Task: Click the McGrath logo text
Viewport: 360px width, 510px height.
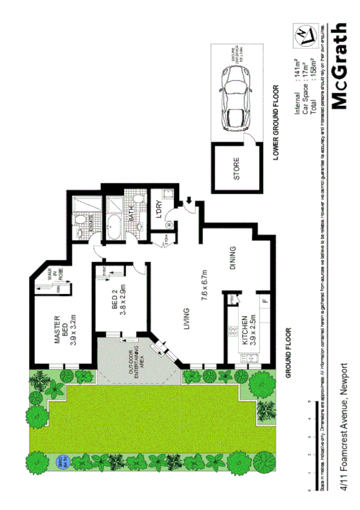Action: [x=339, y=67]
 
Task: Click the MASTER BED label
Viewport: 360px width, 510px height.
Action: [x=59, y=328]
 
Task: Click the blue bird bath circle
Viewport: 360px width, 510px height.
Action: [x=59, y=462]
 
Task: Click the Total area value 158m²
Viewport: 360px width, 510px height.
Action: [x=313, y=67]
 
